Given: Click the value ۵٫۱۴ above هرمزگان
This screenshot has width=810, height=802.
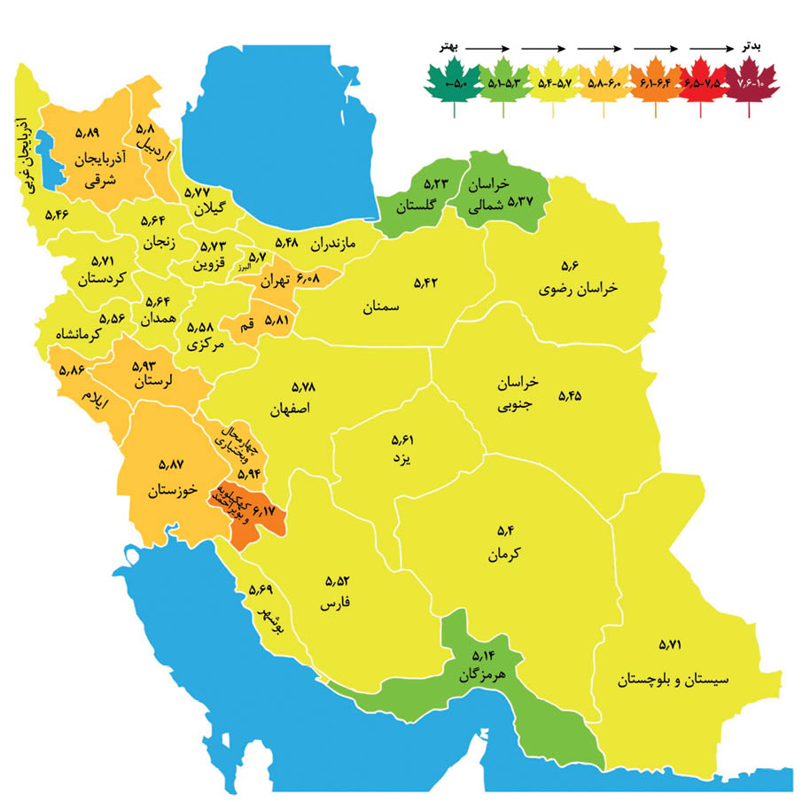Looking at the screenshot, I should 485,656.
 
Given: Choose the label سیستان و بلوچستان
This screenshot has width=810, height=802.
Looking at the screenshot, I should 673,681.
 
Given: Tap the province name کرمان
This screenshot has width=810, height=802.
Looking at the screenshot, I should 503,556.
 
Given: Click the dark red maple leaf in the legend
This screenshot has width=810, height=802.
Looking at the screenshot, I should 752,83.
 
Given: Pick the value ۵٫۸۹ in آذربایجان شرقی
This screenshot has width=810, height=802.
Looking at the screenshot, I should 89,132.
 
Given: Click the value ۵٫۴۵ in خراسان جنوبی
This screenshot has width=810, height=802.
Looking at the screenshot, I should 570,396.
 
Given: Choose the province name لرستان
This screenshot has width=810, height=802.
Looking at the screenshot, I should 158,384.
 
